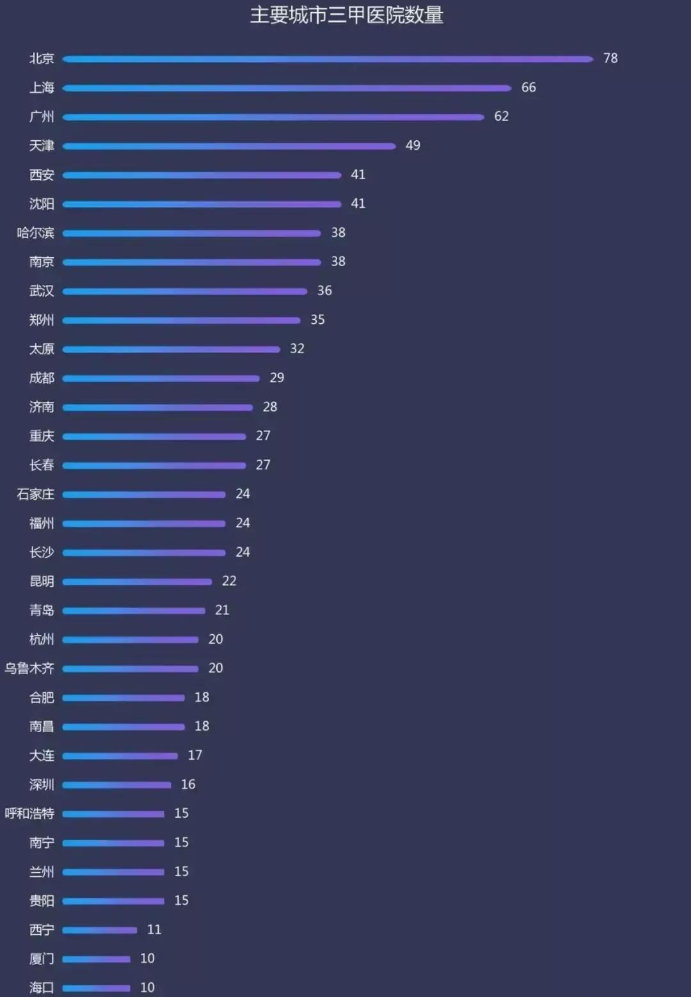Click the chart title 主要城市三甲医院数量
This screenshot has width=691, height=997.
tap(346, 15)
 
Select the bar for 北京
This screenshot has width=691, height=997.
tap(328, 59)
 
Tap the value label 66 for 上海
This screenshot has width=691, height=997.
tap(528, 88)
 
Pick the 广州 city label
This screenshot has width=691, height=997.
tap(42, 116)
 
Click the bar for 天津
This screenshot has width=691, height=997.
tap(229, 146)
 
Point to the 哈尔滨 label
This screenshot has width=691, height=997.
tap(36, 233)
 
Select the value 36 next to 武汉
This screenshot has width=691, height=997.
tap(324, 291)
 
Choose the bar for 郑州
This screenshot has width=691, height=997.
tap(181, 320)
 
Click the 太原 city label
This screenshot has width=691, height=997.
tap(42, 349)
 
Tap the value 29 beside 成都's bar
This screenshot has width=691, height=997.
tap(276, 378)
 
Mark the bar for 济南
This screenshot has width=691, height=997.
tap(157, 407)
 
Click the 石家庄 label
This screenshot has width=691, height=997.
tap(36, 494)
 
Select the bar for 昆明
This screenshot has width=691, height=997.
tap(137, 582)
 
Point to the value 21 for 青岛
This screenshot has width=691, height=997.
tap(222, 610)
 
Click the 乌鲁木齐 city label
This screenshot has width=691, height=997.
tap(29, 668)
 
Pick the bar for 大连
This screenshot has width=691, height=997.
tap(120, 756)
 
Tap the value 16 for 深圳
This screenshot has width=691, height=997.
tap(188, 785)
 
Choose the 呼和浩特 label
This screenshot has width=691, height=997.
tap(29, 813)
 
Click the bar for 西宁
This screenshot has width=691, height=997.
tap(100, 930)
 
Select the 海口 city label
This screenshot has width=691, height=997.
tap(42, 987)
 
